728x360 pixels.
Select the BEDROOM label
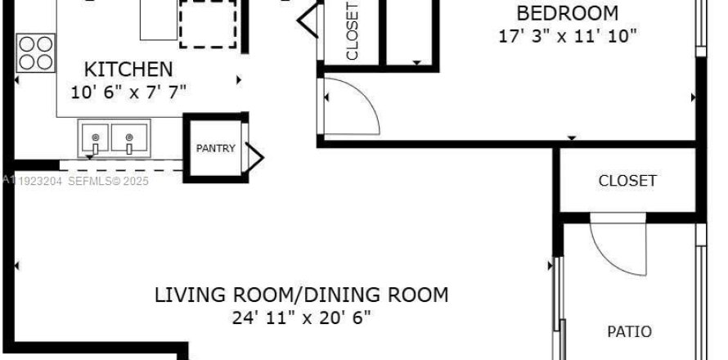tap(566, 13)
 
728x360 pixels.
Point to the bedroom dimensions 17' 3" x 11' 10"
tap(567, 36)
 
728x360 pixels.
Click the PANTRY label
tap(215, 148)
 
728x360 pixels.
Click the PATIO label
tap(629, 331)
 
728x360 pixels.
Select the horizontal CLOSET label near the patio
tap(627, 180)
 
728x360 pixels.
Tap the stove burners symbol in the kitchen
tap(36, 52)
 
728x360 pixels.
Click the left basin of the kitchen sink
tap(95, 137)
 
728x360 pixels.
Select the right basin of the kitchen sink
tap(128, 137)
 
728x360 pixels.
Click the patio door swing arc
tap(618, 245)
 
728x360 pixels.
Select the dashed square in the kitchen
tap(209, 23)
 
